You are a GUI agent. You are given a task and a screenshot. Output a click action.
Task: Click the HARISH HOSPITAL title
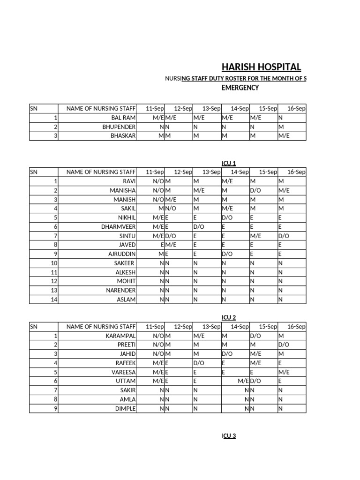pos(261,67)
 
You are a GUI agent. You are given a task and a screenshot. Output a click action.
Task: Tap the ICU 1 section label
pos(229,163)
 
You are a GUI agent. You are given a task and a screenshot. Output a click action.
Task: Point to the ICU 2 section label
pos(229,317)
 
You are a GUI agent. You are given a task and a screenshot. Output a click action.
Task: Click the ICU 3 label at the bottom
pos(229,435)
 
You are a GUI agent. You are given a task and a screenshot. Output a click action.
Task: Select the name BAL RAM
pos(123,118)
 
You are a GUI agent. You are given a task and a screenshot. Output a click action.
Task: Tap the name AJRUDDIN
pos(122,254)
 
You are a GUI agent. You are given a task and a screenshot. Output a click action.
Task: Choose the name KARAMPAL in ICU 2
pos(121,336)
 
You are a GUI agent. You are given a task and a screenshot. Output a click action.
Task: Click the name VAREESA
pos(124,372)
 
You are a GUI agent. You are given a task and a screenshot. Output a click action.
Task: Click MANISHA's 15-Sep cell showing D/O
pos(255,190)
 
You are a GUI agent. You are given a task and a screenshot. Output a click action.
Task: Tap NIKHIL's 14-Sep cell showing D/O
pos(227,217)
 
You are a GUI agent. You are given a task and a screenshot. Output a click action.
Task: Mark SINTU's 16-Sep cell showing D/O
pos(284,236)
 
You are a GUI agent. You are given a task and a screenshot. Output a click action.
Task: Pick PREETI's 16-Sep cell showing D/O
pos(284,345)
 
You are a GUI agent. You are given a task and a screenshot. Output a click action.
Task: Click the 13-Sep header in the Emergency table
pos(211,108)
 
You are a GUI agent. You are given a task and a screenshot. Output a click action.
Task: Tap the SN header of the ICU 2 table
pos(34,326)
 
